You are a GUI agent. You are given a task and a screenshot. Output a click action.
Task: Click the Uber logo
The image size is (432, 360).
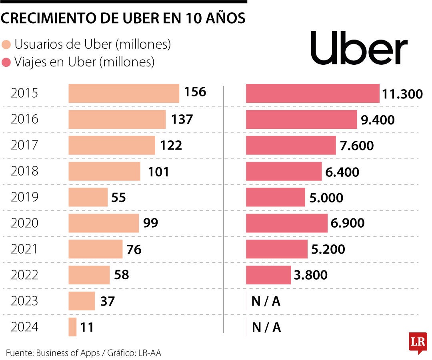[359, 48]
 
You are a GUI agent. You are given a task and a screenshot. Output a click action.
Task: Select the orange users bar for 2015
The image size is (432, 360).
[124, 93]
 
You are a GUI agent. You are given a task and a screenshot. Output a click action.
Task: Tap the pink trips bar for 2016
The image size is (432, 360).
[301, 119]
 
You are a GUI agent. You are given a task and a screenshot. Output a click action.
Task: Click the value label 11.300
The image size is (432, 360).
[402, 94]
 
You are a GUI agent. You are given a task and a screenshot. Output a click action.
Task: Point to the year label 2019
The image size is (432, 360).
[24, 197]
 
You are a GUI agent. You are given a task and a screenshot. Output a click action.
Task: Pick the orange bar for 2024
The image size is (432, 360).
[72, 327]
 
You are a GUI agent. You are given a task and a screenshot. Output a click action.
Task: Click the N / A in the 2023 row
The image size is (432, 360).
[266, 302]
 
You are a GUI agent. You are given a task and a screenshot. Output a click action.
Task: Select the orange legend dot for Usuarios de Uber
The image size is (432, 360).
[6, 45]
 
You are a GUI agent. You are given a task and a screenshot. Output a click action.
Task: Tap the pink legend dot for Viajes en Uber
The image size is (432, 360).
[6, 62]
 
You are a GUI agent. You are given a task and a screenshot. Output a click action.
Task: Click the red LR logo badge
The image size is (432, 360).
[418, 342]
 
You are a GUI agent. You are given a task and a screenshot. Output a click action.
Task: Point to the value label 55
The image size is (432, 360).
[119, 197]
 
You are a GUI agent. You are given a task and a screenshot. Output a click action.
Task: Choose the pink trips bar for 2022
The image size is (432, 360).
[268, 275]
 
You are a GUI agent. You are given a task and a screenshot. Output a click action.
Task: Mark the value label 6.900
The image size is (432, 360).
[348, 223]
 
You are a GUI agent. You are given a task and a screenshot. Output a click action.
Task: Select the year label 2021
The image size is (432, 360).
[24, 249]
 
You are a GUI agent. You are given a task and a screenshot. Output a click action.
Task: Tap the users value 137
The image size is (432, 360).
[182, 119]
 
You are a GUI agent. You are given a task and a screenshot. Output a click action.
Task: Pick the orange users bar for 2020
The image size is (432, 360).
[104, 223]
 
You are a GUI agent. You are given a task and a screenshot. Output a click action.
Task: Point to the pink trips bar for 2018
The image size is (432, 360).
[284, 171]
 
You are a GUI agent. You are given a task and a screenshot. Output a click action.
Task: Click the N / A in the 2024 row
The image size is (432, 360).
[266, 328]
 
